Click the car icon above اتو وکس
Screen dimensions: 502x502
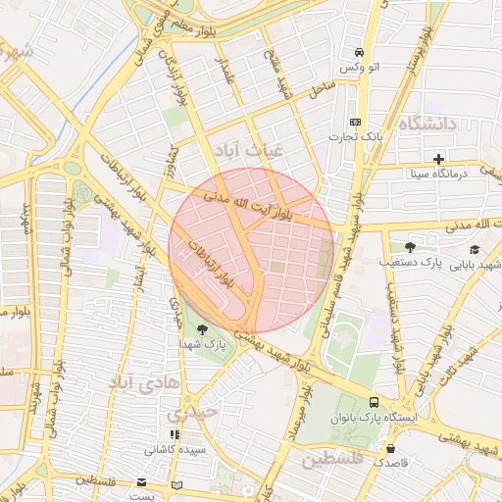tap(360, 52)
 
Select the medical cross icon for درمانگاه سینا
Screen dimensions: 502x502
tap(438, 159)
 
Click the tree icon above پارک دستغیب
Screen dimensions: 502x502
tap(409, 247)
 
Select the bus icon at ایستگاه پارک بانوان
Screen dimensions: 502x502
tap(373, 402)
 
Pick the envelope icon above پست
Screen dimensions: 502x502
tap(141, 482)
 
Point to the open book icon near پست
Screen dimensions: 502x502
tap(176, 485)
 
